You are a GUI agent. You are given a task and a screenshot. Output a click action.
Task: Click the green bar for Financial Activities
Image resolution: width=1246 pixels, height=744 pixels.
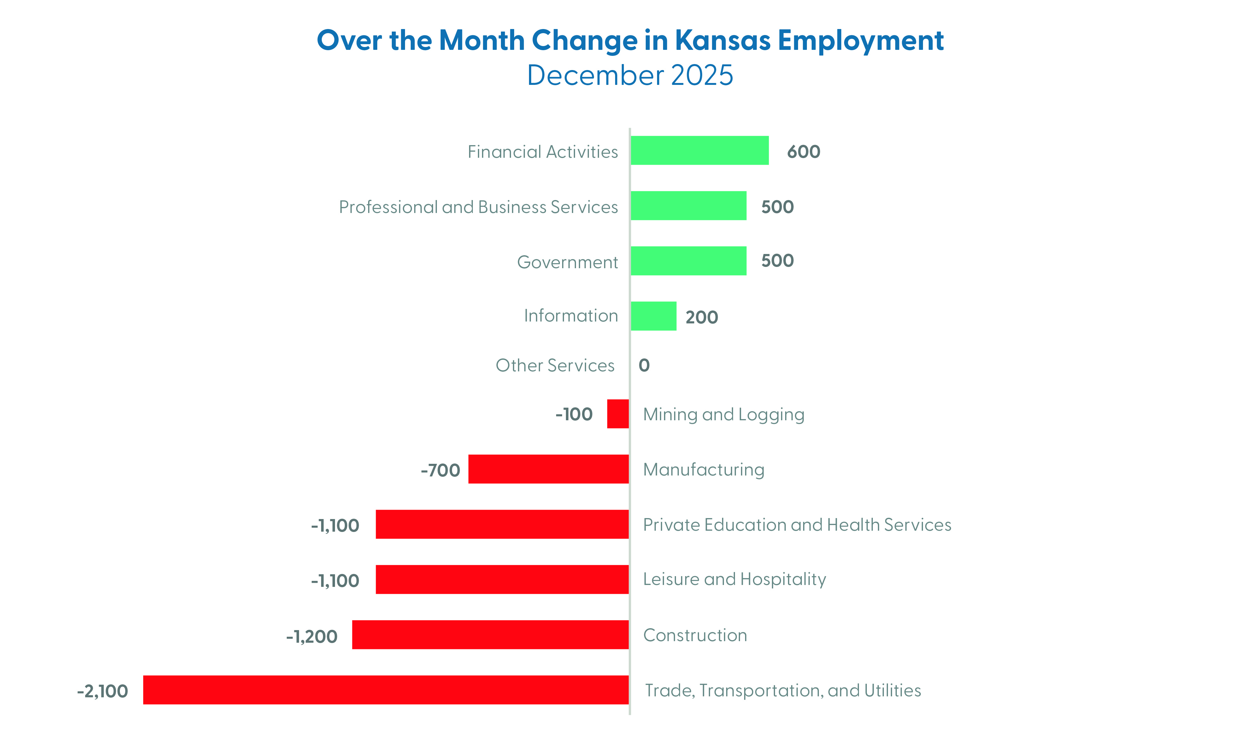pos(699,151)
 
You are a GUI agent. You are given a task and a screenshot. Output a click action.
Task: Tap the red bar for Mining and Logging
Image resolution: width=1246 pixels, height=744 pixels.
pos(618,414)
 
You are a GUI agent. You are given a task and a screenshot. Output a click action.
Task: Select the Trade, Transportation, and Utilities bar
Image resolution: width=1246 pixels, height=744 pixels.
pos(386,689)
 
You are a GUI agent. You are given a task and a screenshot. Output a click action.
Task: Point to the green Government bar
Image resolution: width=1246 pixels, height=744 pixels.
pos(688,261)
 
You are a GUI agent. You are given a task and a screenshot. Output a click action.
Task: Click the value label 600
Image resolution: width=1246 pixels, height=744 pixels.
pos(803,151)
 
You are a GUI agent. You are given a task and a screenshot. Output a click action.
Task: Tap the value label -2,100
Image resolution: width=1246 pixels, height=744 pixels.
pos(103,691)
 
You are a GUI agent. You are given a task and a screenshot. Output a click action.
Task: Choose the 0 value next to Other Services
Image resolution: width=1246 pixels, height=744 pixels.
pos(644,365)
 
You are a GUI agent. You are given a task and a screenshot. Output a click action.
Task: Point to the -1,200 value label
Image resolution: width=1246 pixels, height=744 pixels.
pos(312,636)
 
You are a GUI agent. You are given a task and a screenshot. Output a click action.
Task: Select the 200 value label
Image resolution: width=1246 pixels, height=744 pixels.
pos(702,317)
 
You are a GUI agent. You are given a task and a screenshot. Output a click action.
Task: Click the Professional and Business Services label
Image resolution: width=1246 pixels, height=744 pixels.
pos(478,207)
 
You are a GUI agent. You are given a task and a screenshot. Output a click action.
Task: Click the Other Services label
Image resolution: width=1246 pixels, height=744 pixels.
pos(555,365)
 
